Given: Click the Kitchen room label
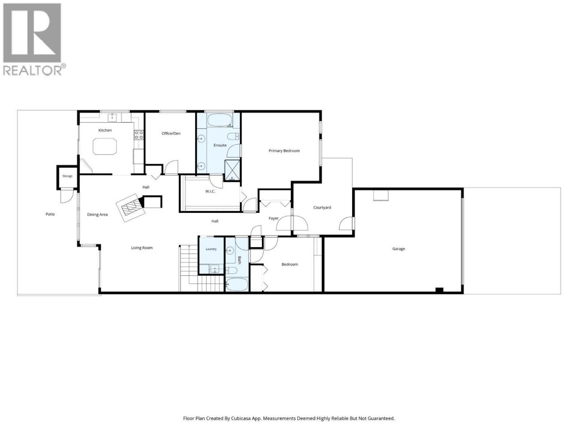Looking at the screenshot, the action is [105, 130].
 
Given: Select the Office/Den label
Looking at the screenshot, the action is [171, 134].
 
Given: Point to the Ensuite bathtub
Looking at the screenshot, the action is [219, 120].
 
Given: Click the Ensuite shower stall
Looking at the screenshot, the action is [232, 170].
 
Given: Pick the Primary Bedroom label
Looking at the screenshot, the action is [284, 151].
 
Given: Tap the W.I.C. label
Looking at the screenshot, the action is [210, 191].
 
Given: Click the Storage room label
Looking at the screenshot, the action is [67, 176].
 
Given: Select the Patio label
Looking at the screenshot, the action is [50, 214].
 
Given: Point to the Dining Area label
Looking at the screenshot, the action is [97, 215].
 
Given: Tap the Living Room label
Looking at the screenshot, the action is [142, 248].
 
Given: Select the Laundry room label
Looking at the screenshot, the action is [211, 249].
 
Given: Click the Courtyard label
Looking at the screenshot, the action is [322, 207].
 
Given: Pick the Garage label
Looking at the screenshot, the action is [398, 249].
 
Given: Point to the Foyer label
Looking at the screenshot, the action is [273, 218].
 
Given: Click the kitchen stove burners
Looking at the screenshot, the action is [139, 135].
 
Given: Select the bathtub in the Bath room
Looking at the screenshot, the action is [237, 285].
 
